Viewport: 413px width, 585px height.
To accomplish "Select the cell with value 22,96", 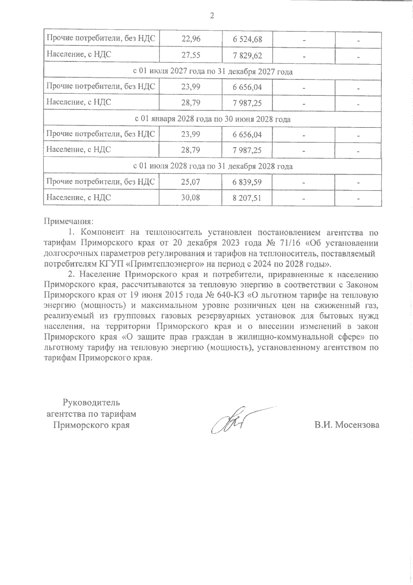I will click(x=191, y=39).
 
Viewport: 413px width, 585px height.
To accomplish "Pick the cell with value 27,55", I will click(x=191, y=55).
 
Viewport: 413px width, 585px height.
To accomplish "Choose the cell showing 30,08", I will click(x=191, y=198).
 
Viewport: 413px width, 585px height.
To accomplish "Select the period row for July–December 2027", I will click(x=212, y=72).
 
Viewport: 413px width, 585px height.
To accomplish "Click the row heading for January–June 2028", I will click(x=212, y=119).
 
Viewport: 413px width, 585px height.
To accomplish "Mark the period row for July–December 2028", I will click(x=212, y=166).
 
